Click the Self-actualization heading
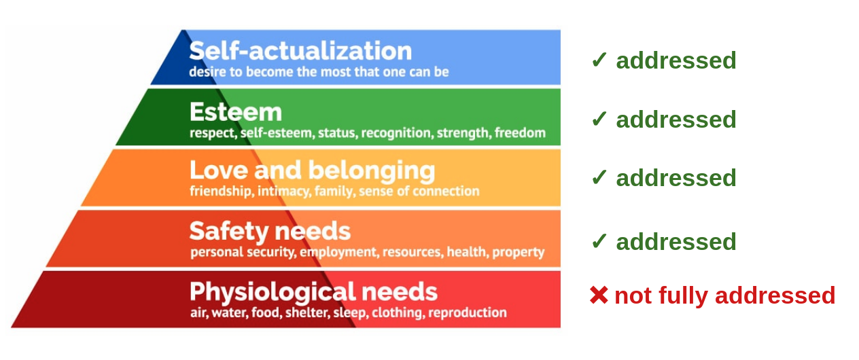(x=300, y=51)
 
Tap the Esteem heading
(x=235, y=112)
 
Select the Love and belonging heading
(x=312, y=170)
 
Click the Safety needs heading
(x=270, y=232)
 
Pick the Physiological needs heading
(x=313, y=293)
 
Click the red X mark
(x=599, y=295)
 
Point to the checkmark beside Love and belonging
(x=599, y=177)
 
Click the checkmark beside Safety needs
(x=599, y=240)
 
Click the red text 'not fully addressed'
(x=724, y=296)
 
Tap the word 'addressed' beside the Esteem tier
(x=676, y=120)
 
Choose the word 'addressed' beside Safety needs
(x=676, y=242)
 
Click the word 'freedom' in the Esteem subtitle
(x=520, y=132)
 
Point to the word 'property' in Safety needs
(x=518, y=253)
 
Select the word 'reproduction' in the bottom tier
(x=468, y=313)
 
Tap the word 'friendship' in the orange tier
(x=222, y=192)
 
